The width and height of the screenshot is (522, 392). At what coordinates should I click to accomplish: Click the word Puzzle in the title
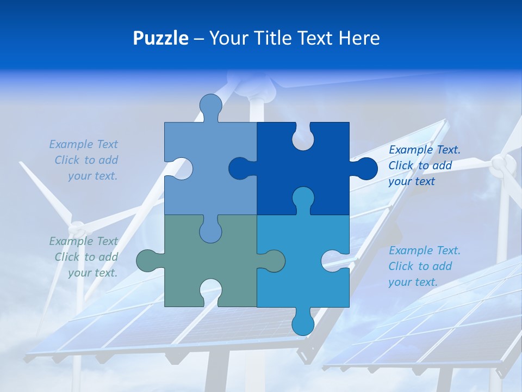point(160,38)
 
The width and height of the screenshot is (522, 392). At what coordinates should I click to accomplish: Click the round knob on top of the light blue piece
point(211,106)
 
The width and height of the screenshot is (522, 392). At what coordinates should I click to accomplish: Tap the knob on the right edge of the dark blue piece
point(365,169)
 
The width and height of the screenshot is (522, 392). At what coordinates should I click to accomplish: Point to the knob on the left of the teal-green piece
point(148,261)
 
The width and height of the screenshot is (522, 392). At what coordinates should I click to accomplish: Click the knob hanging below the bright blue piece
point(303,323)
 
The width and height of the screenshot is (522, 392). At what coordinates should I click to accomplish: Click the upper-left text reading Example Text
point(83,144)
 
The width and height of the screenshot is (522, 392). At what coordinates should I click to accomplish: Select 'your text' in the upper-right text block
point(412,181)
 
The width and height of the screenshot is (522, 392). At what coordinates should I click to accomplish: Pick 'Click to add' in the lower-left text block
point(86,257)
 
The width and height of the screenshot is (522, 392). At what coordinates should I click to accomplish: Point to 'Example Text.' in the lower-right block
point(425,250)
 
